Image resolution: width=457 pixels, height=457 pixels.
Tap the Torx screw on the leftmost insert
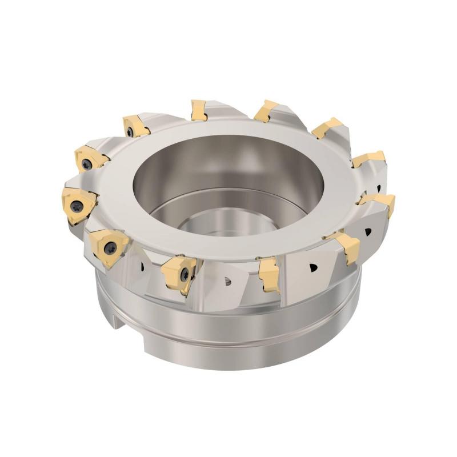pyautogui.click(x=75, y=203)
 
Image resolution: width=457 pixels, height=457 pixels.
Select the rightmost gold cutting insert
pyautogui.click(x=380, y=203)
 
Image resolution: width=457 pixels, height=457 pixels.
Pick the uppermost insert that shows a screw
pyautogui.click(x=136, y=126)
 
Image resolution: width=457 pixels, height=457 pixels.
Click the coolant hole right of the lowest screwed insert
pyautogui.click(x=228, y=280)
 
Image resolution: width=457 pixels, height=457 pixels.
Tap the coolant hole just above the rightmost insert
pyautogui.click(x=379, y=187)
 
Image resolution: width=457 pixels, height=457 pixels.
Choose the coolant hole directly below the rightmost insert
pyautogui.click(x=367, y=232)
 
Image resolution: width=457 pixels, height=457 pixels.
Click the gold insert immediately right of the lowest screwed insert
pyautogui.click(x=269, y=273)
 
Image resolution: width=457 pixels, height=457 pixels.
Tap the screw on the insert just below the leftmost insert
pyautogui.click(x=110, y=247)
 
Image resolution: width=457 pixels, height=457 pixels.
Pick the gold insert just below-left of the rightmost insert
pyautogui.click(x=346, y=246)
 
